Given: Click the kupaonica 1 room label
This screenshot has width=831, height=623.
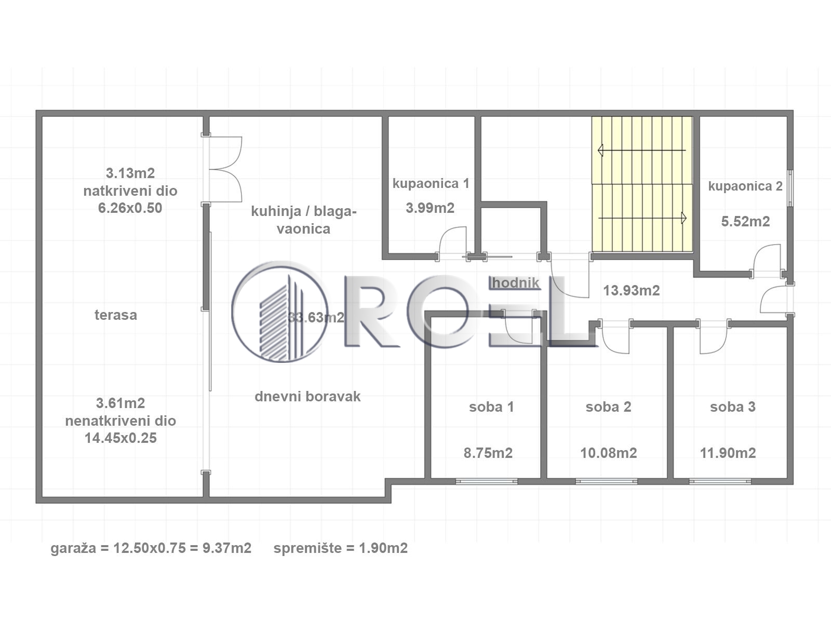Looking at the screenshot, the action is [x=431, y=184].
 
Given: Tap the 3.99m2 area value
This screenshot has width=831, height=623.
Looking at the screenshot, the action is [x=430, y=208].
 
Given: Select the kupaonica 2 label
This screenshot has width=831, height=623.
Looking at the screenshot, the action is [x=745, y=186].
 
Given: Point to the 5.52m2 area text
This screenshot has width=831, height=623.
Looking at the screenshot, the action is [x=745, y=221].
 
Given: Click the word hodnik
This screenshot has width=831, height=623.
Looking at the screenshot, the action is [x=516, y=283].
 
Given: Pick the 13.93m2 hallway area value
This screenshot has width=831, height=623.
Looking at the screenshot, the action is [x=632, y=291].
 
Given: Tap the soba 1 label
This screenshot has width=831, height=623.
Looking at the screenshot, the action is [x=491, y=407].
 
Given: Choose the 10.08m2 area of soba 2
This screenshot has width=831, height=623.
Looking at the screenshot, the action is [x=609, y=453].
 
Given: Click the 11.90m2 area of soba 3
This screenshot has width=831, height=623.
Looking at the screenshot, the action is [x=728, y=453].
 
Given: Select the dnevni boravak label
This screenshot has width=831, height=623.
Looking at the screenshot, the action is [x=307, y=397].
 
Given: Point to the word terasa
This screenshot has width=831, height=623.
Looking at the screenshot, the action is [x=116, y=315].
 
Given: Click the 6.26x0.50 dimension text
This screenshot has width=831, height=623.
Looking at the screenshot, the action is [x=130, y=208].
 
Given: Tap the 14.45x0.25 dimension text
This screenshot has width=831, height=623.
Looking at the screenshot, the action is [x=120, y=438].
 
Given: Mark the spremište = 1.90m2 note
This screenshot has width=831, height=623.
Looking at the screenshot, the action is [x=341, y=548].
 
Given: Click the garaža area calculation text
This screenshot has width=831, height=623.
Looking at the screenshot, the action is [x=151, y=548].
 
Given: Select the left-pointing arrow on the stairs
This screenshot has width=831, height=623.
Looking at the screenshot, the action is [x=642, y=151].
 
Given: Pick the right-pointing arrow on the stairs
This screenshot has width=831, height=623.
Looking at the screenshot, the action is [x=642, y=218].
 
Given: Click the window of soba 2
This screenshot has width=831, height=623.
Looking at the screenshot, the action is [x=607, y=482].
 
